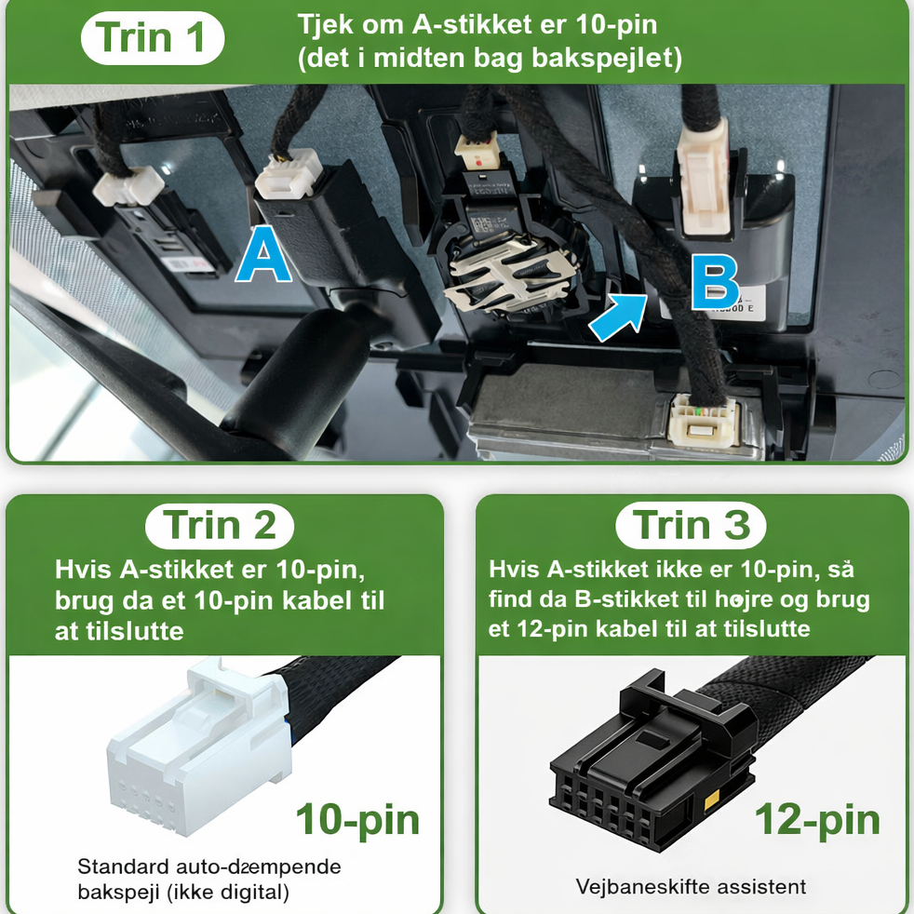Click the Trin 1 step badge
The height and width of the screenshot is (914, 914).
coord(153,38)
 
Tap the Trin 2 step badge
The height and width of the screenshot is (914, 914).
coord(219,526)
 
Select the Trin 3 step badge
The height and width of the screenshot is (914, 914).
coord(691,526)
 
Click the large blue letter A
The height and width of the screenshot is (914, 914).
coord(263,255)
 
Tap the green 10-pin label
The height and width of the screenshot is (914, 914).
coord(358,820)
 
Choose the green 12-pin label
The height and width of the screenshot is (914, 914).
coord(817,820)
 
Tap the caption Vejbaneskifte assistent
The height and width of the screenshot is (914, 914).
coord(691,887)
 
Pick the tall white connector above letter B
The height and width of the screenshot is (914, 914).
coord(705,178)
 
